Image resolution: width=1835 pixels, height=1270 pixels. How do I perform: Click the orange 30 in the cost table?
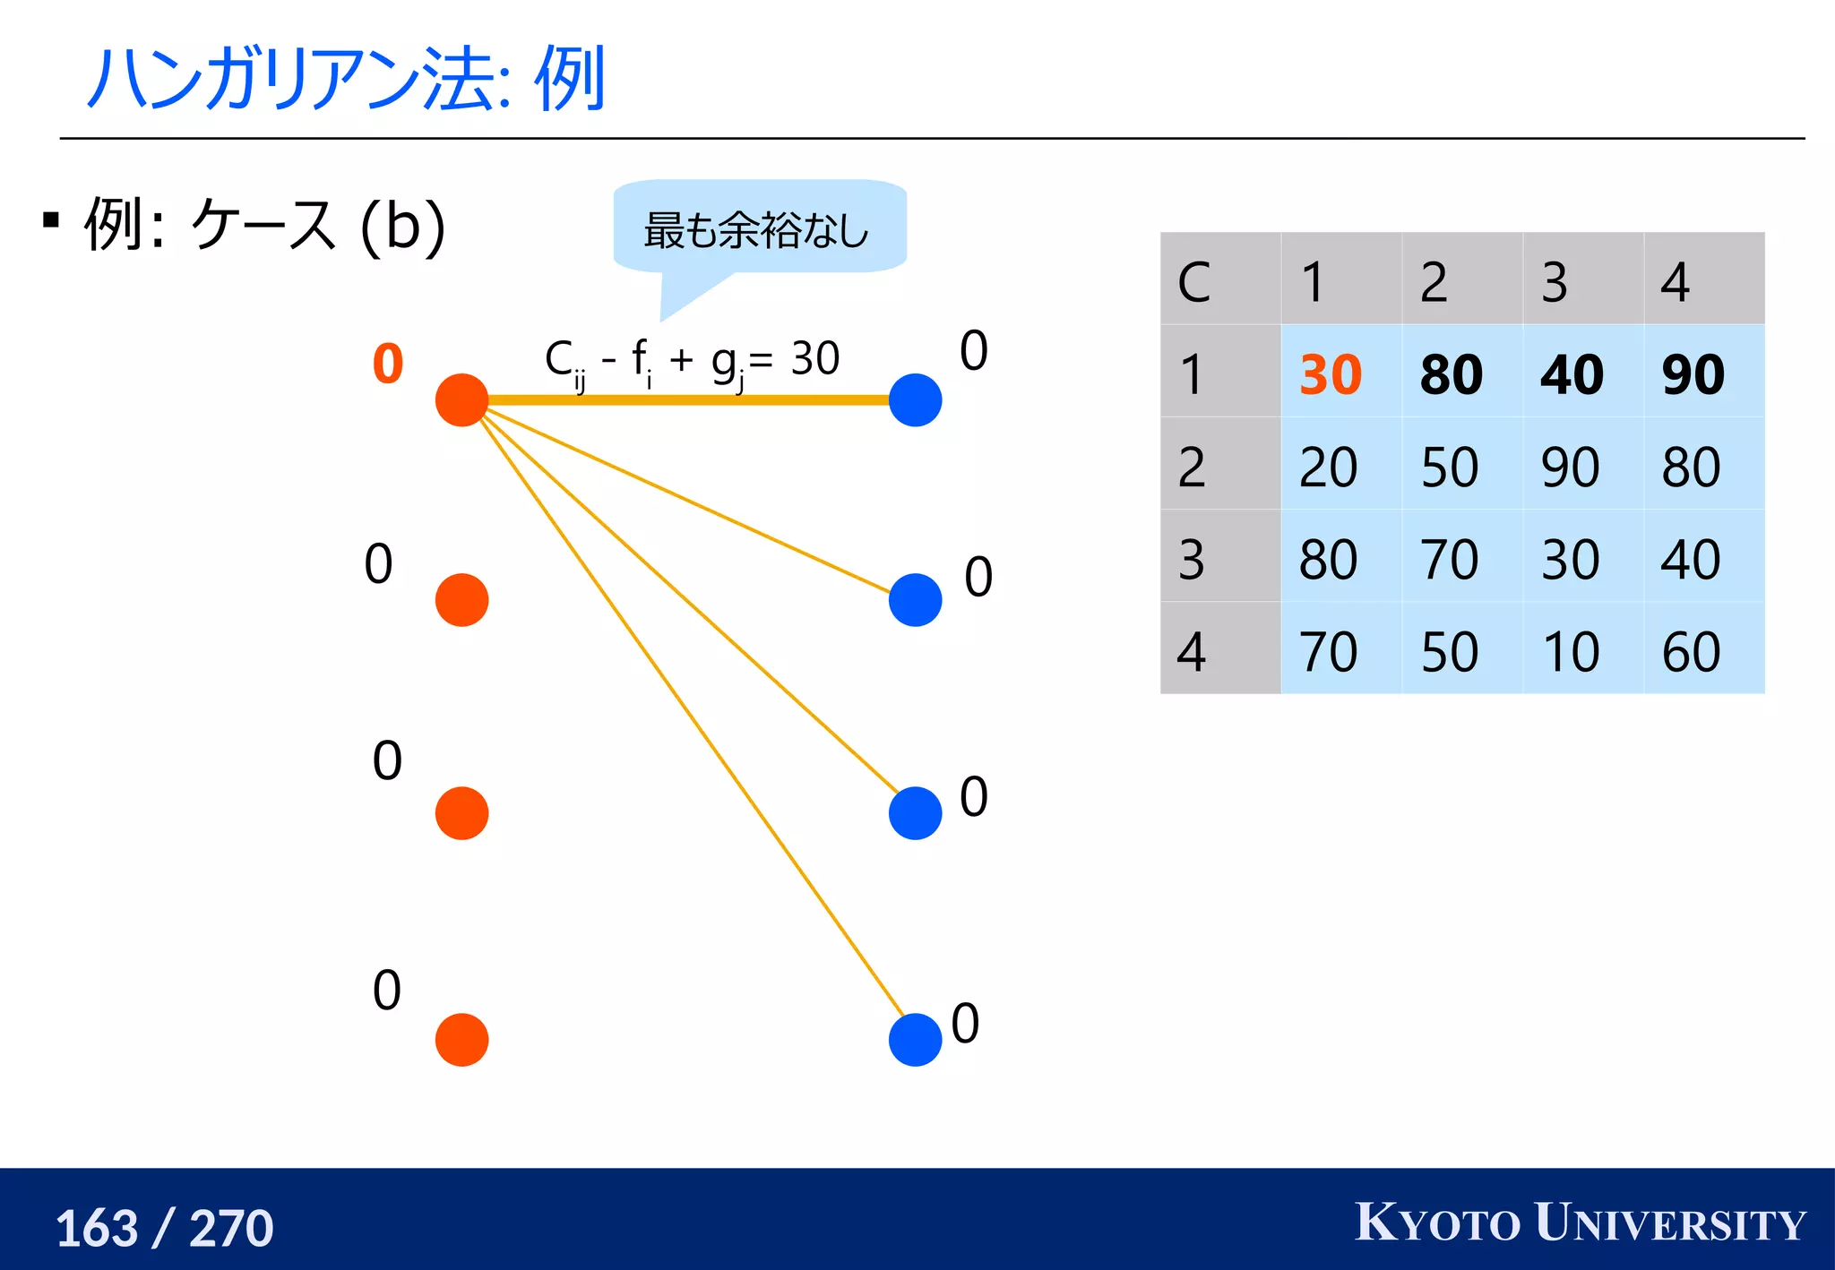pyautogui.click(x=1331, y=373)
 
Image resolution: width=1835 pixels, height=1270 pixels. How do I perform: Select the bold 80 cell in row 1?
pyautogui.click(x=1452, y=373)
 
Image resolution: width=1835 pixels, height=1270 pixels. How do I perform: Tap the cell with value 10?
pyautogui.click(x=1571, y=651)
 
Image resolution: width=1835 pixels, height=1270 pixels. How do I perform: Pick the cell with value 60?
pyautogui.click(x=1692, y=651)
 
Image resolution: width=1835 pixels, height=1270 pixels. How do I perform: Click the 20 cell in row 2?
pyautogui.click(x=1329, y=467)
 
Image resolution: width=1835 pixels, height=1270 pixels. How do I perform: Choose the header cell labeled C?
pyautogui.click(x=1194, y=282)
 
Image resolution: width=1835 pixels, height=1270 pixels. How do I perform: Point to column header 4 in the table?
pyautogui.click(x=1675, y=282)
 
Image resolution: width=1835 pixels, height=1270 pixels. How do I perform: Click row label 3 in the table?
pyautogui.click(x=1192, y=559)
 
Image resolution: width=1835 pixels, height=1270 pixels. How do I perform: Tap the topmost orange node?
pyautogui.click(x=461, y=400)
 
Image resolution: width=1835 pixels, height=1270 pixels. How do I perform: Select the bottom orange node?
pyautogui.click(x=461, y=1039)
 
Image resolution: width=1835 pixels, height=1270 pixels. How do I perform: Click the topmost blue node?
pyautogui.click(x=915, y=400)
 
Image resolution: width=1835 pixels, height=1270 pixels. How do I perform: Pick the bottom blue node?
pyautogui.click(x=915, y=1039)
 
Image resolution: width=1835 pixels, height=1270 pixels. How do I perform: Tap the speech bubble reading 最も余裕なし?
pyautogui.click(x=757, y=228)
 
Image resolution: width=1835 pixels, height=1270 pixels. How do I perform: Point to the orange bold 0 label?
pyautogui.click(x=388, y=364)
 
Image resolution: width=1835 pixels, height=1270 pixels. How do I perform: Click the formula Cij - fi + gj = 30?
pyautogui.click(x=692, y=361)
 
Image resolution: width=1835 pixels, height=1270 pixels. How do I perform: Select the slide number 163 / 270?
pyautogui.click(x=165, y=1227)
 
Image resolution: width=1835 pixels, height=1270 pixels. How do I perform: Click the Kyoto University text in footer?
pyautogui.click(x=1580, y=1223)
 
